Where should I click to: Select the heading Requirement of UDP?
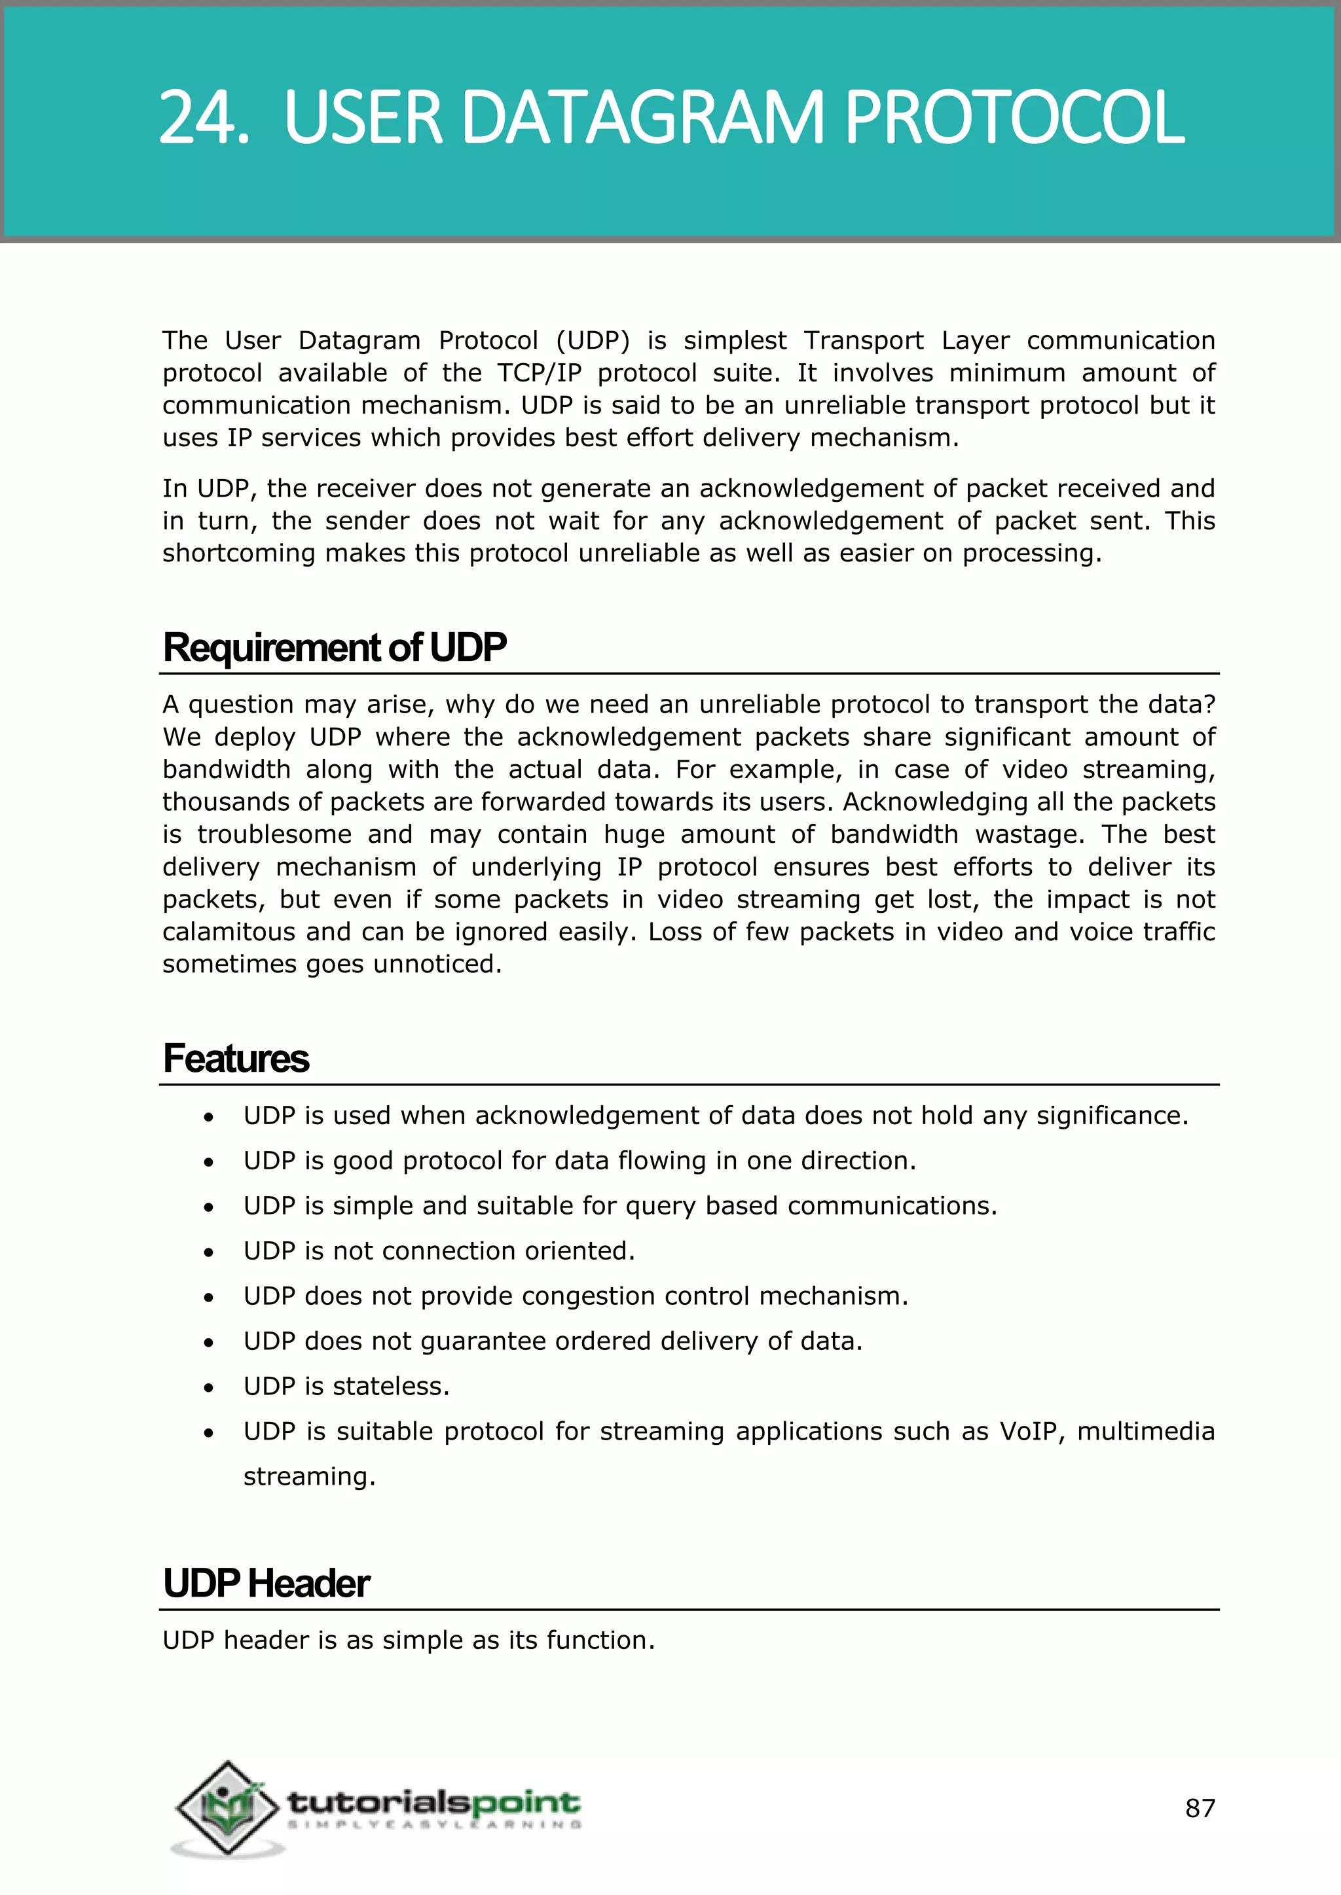(x=335, y=647)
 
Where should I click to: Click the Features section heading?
(x=236, y=1058)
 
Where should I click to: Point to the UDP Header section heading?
(x=266, y=1583)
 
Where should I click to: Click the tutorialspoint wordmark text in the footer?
(x=433, y=1803)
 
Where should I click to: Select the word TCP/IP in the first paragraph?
(x=538, y=373)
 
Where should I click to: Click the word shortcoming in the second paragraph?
(x=238, y=554)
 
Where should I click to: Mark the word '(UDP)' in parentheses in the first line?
(x=592, y=341)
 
